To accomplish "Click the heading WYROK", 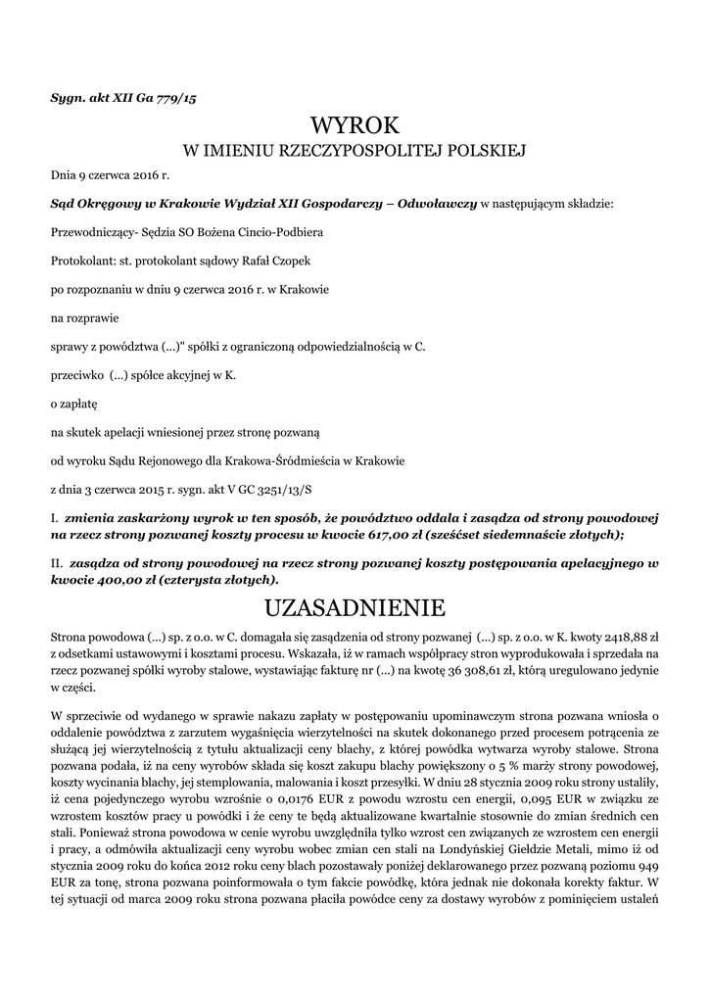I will [x=355, y=126].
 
